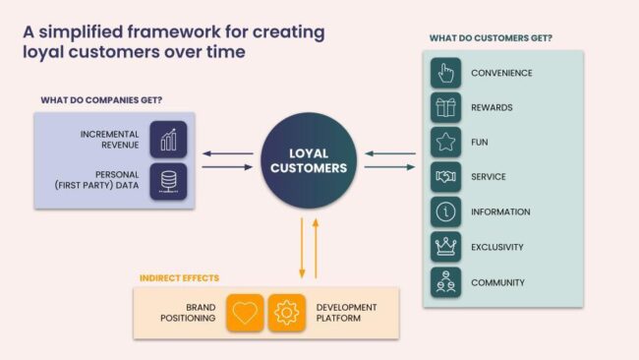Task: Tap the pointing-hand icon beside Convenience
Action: [x=446, y=72]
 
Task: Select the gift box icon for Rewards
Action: [x=446, y=107]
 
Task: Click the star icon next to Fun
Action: [x=446, y=142]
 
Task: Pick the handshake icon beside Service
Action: [x=446, y=177]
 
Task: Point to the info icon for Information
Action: [x=446, y=211]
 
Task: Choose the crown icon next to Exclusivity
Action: [x=446, y=247]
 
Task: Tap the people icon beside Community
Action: [x=446, y=282]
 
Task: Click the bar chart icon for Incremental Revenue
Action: [x=168, y=139]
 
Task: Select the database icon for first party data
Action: [x=168, y=182]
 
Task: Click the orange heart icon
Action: [x=245, y=313]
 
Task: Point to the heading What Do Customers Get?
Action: [x=490, y=38]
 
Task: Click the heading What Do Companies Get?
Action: [x=101, y=100]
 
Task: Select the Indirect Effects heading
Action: [x=179, y=278]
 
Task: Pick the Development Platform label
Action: [x=346, y=313]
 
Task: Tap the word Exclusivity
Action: [x=496, y=247]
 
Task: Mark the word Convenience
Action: [x=501, y=72]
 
